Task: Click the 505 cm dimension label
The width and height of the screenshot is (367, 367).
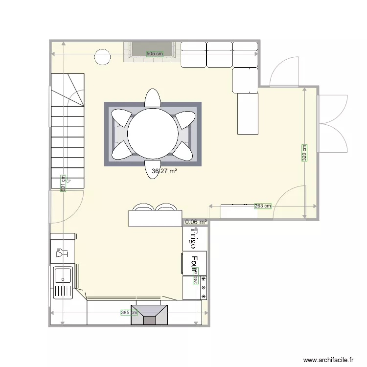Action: point(155,54)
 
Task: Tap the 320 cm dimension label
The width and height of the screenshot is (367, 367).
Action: point(304,153)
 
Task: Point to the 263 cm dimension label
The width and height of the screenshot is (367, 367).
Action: point(263,206)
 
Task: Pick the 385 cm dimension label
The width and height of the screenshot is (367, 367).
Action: point(129,313)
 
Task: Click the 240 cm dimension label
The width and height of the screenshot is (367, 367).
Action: point(196,279)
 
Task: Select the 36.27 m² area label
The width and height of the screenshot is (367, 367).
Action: point(164,171)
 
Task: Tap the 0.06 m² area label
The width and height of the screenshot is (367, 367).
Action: point(196,222)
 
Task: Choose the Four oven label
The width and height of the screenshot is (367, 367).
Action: point(194,264)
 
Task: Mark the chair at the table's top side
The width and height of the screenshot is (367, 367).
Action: point(152,98)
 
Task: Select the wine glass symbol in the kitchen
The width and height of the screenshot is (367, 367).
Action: point(62,253)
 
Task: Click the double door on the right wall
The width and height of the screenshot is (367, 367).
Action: point(333,123)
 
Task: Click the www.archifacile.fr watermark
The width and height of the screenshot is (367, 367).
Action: point(328,359)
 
